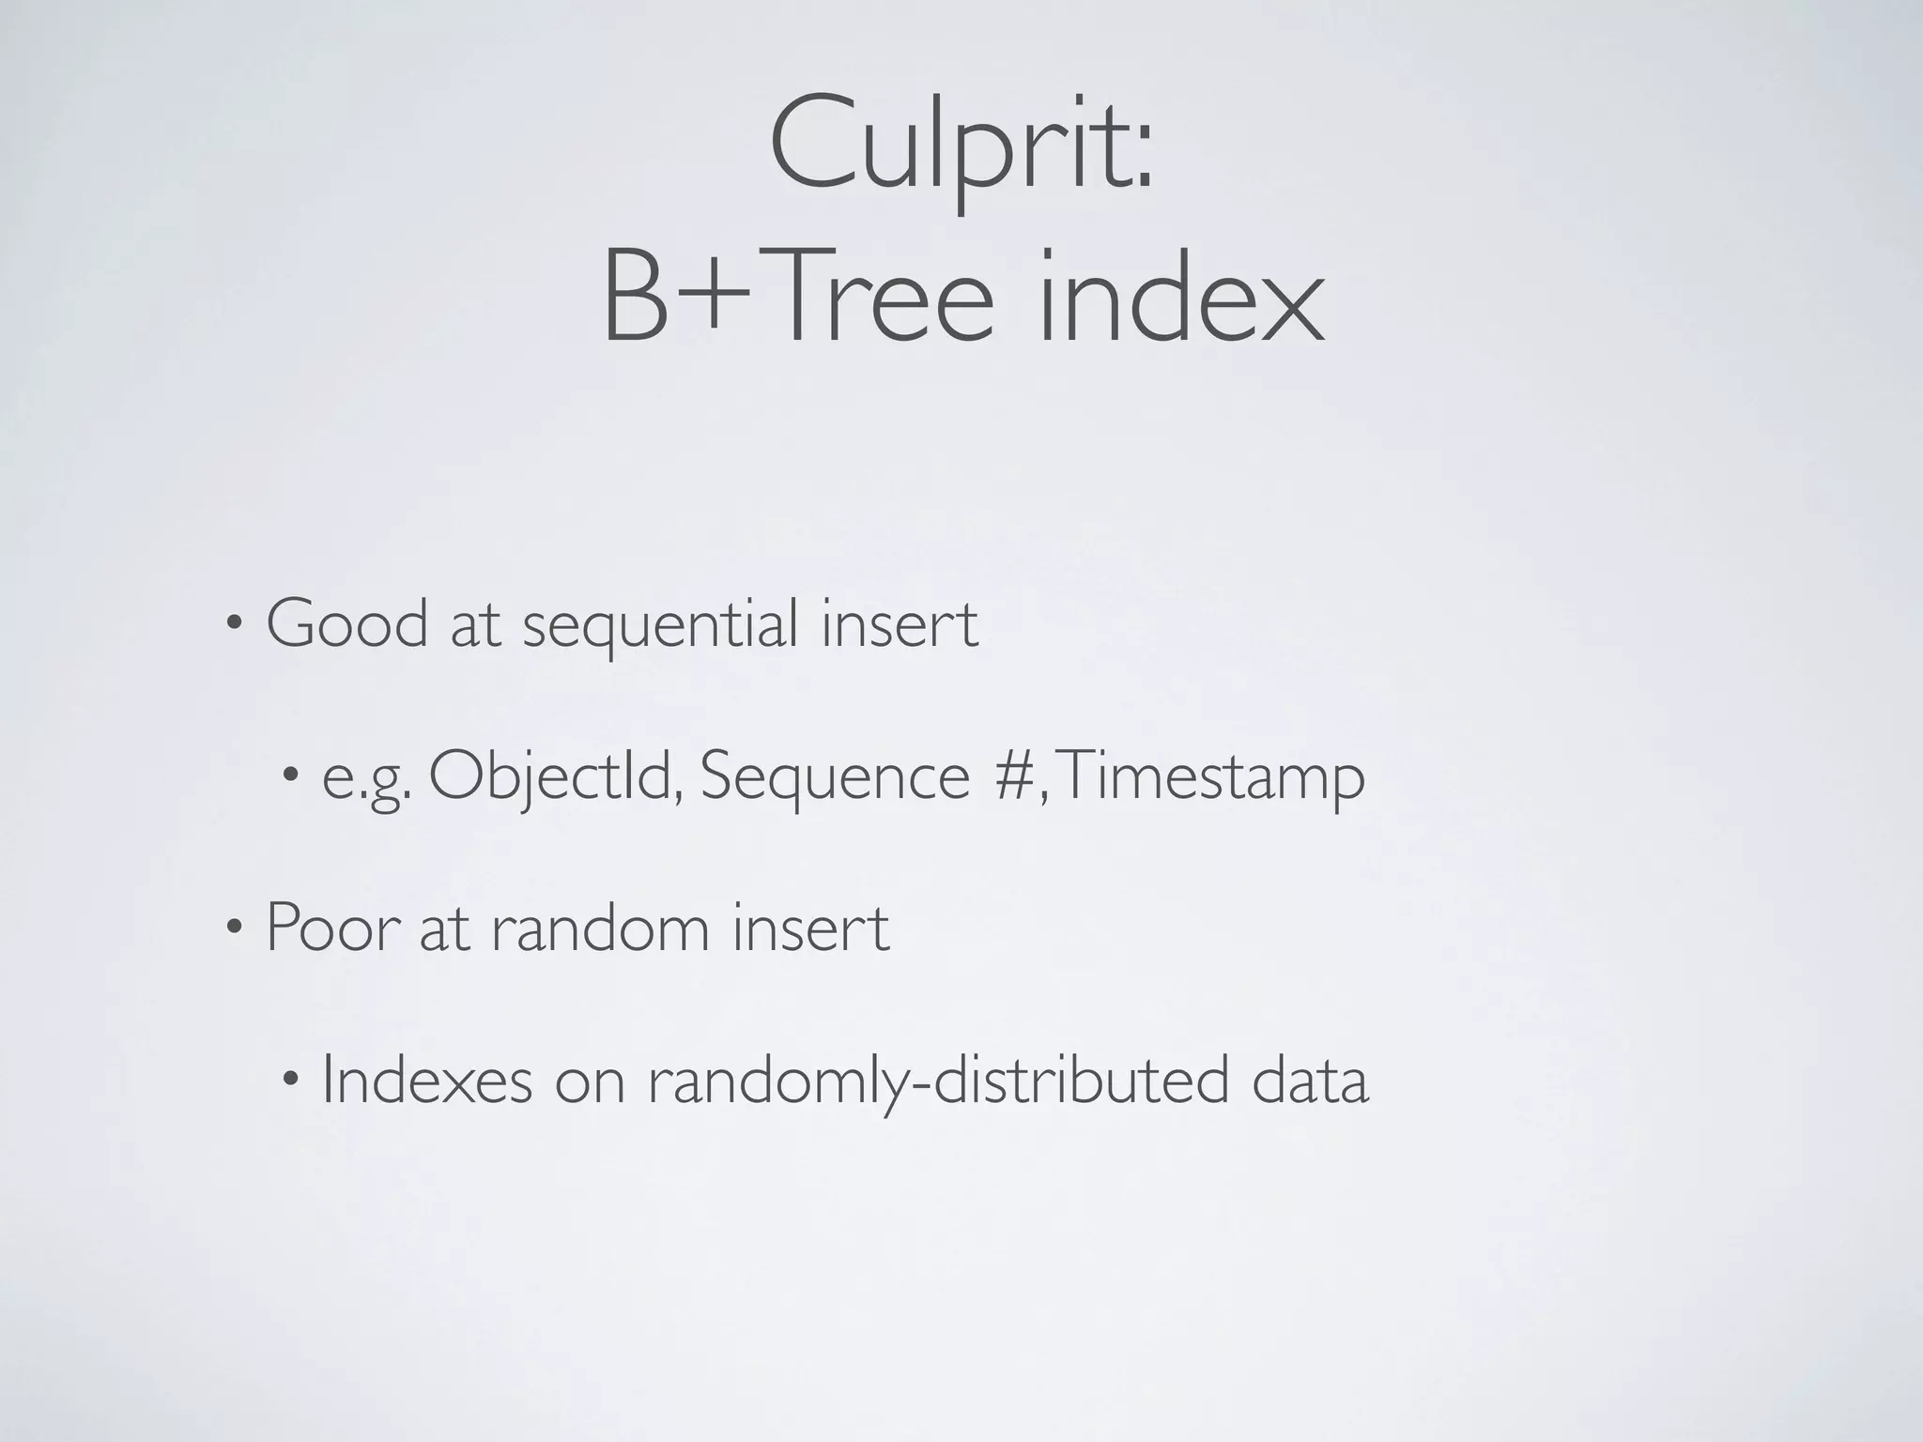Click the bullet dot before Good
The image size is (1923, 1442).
coord(235,624)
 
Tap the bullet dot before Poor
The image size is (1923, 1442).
coord(235,928)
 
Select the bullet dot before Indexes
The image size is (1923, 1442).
coord(291,1080)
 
